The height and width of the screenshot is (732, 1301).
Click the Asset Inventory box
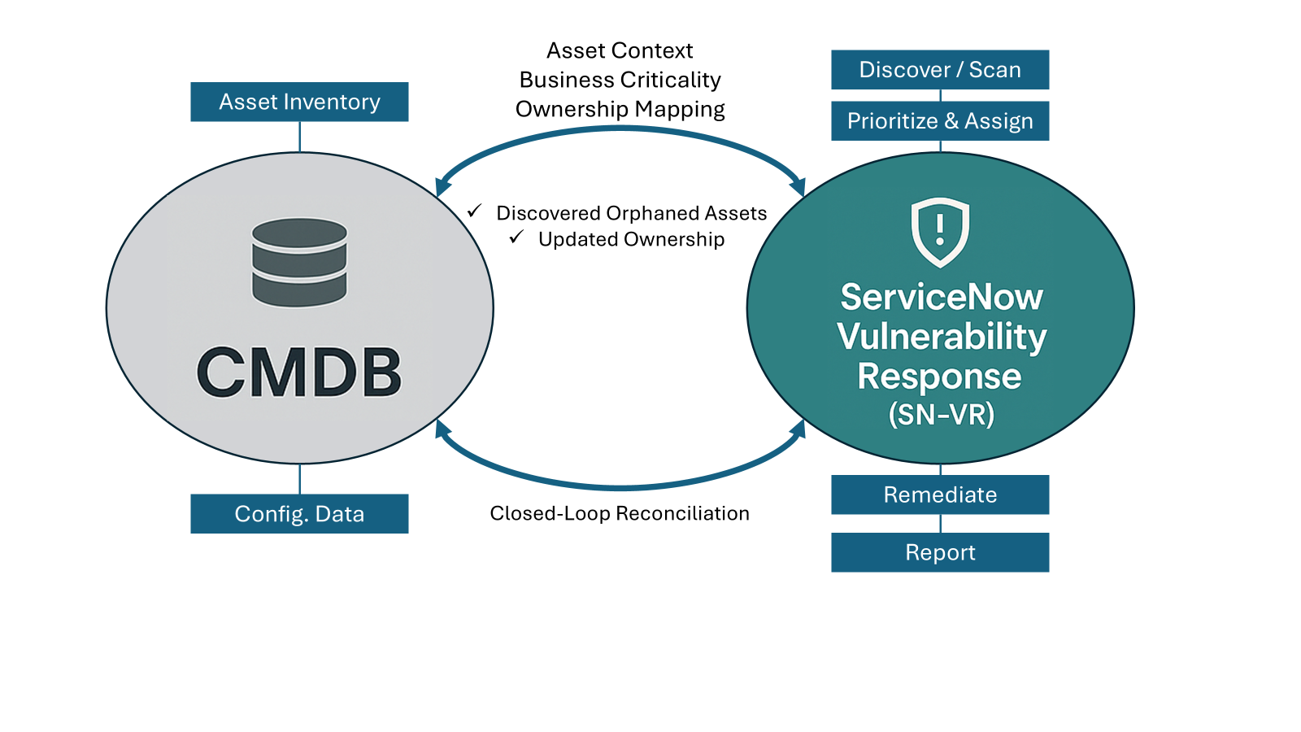299,102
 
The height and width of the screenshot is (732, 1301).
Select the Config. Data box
299,513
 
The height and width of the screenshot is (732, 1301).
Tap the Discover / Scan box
940,70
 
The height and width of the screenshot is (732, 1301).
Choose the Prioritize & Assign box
940,121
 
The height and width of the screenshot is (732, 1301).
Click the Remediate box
940,495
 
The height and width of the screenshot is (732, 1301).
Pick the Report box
940,552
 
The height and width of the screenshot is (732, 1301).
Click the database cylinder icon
299,262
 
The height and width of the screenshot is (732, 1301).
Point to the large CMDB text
299,373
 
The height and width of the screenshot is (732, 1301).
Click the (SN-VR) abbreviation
941,414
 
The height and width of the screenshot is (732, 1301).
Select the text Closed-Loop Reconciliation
620,513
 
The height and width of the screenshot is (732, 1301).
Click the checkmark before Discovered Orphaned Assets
475,211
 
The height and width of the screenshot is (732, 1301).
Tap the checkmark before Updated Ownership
516,237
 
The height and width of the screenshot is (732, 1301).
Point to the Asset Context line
620,51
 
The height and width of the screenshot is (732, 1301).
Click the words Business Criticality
620,81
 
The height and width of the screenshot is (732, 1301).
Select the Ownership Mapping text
620,109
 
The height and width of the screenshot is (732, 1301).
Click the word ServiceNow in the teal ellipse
942,298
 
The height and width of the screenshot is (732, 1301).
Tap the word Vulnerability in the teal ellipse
942,338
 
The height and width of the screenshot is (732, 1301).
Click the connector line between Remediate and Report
940,524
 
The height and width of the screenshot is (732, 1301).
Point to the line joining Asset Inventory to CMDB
300,137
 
